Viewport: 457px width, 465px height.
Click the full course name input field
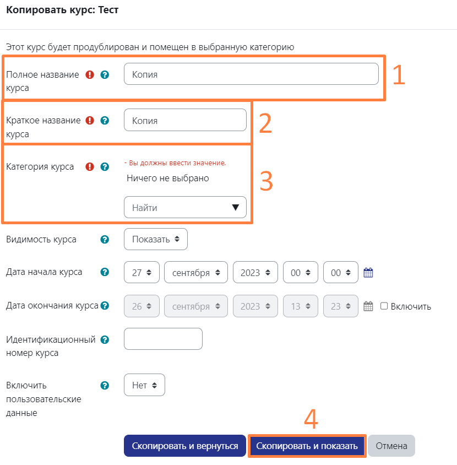[251, 74]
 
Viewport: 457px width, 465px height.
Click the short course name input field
[185, 120]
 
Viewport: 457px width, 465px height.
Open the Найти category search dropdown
[185, 208]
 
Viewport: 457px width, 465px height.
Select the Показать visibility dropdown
[156, 239]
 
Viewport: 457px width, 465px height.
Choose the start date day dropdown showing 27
[142, 272]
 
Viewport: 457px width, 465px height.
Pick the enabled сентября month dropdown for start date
[195, 272]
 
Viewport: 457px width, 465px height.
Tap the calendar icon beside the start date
[368, 272]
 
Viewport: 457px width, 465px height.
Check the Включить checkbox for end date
[384, 306]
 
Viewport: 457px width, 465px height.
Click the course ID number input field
[163, 339]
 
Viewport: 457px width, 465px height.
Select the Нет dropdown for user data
[144, 385]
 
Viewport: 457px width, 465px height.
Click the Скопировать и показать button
[307, 446]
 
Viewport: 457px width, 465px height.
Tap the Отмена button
[391, 446]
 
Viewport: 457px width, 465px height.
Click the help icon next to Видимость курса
[105, 240]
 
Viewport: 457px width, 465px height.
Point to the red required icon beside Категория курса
[90, 166]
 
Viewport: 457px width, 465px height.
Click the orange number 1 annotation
[398, 76]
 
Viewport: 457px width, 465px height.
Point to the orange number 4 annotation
[311, 419]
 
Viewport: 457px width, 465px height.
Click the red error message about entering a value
[175, 163]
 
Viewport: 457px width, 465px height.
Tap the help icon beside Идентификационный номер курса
[105, 340]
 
